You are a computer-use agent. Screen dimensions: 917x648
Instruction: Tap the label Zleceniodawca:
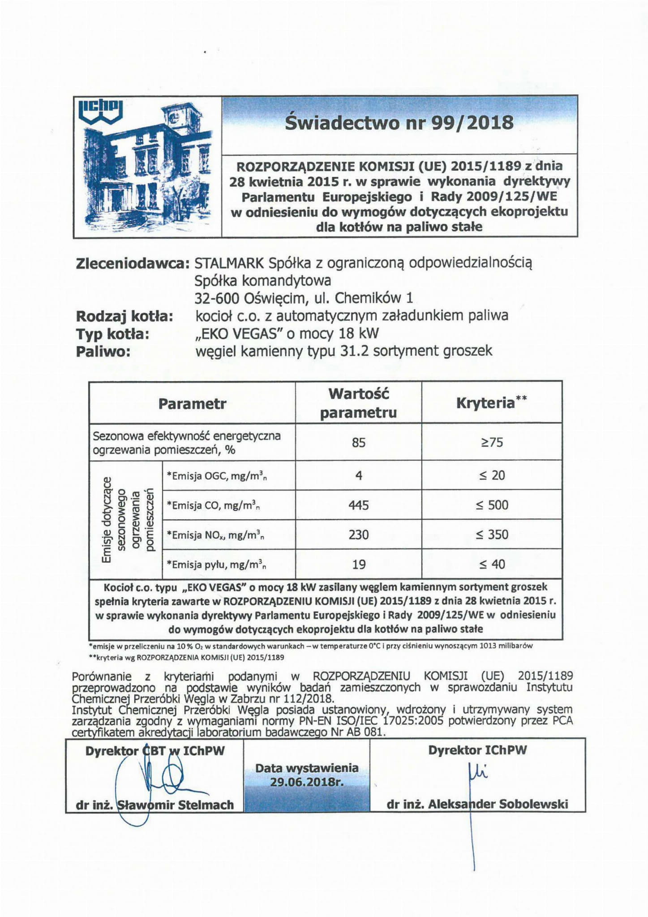click(133, 264)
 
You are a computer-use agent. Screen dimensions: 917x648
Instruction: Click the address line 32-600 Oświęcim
click(304, 298)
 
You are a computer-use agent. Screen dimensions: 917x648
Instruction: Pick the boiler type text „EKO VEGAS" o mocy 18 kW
click(287, 334)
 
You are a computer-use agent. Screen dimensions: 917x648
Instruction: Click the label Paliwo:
click(103, 352)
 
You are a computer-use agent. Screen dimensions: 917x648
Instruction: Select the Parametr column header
click(192, 404)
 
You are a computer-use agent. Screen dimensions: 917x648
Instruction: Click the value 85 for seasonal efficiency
click(359, 443)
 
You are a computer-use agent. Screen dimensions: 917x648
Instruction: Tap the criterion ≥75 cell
click(492, 443)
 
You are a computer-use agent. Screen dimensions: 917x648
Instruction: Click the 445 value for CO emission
click(359, 505)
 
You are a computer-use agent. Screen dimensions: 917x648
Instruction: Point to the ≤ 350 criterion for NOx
click(492, 535)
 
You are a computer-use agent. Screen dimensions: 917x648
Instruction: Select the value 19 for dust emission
click(359, 564)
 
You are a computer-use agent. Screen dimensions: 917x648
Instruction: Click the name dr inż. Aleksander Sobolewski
click(477, 805)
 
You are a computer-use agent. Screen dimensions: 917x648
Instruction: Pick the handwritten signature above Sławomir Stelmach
click(161, 779)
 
